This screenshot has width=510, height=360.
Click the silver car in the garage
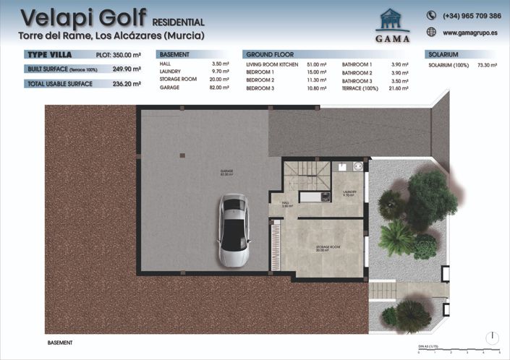[235, 231]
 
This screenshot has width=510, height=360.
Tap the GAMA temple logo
[393, 22]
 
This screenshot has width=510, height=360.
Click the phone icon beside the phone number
[431, 15]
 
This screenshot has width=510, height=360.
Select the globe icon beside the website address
[431, 32]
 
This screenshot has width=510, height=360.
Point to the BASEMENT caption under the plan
[60, 342]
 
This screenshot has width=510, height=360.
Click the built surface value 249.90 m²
[127, 69]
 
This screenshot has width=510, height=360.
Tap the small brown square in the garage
[182, 154]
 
